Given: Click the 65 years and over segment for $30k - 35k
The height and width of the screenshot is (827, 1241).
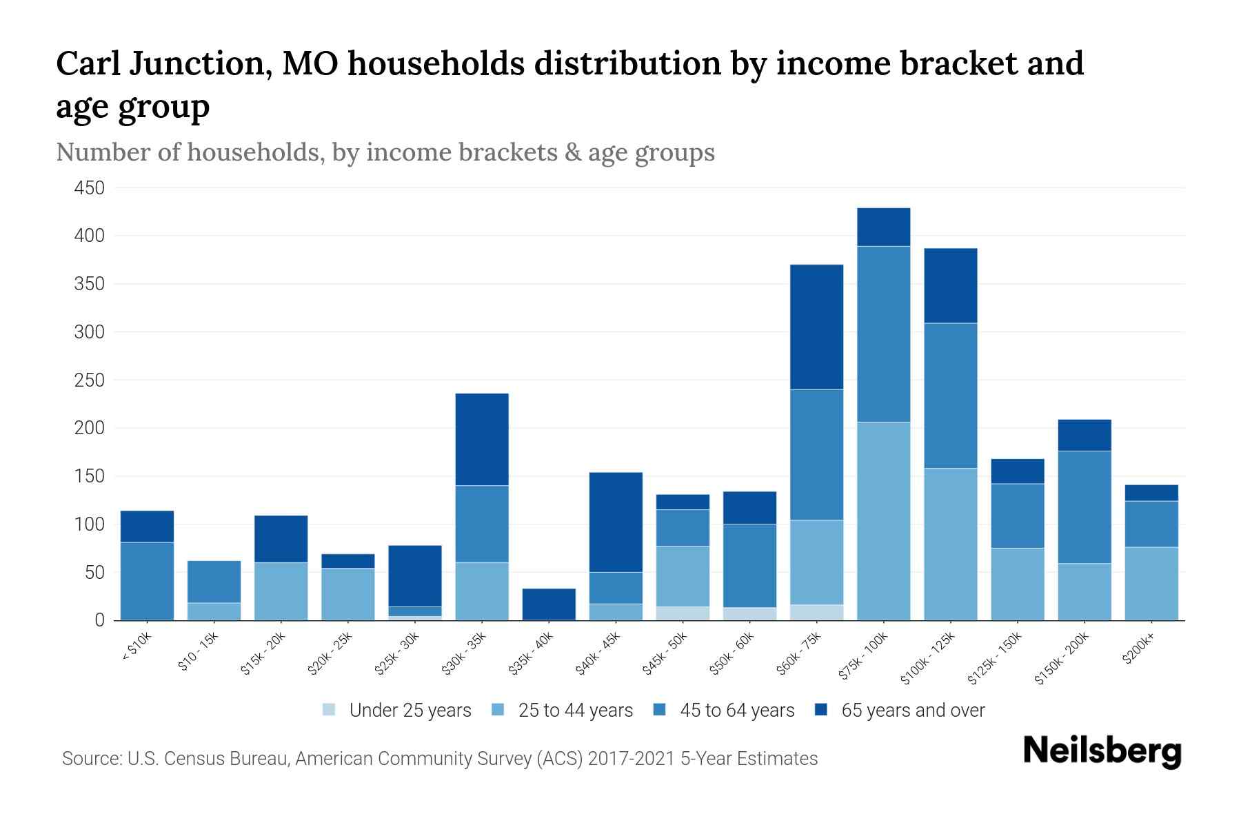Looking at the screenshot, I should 482,439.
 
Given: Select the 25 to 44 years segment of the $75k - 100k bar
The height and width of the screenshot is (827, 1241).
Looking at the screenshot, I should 883,520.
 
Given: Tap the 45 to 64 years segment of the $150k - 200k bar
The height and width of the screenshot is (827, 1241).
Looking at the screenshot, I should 1084,507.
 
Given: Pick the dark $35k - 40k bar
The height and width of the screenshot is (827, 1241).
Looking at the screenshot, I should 549,604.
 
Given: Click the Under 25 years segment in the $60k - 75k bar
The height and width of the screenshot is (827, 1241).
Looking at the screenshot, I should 816,612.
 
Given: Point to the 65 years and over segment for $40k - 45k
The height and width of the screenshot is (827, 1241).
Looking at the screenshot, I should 616,522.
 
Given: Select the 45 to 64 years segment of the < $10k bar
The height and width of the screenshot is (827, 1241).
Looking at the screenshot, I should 147,580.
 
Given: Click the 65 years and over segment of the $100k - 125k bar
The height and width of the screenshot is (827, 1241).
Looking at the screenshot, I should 950,285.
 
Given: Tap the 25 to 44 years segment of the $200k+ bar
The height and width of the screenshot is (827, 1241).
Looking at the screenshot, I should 1151,583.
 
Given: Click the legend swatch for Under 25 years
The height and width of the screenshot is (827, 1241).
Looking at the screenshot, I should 330,710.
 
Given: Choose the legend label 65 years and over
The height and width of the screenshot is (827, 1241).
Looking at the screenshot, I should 912,711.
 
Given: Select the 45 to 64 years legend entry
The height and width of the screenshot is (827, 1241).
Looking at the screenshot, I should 736,711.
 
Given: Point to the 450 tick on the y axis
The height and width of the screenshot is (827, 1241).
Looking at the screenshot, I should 90,188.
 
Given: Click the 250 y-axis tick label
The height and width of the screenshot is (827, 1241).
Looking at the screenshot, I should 90,380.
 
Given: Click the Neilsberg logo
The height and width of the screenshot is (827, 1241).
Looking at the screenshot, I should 1102,751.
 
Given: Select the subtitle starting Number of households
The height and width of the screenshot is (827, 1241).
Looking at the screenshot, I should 385,152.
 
